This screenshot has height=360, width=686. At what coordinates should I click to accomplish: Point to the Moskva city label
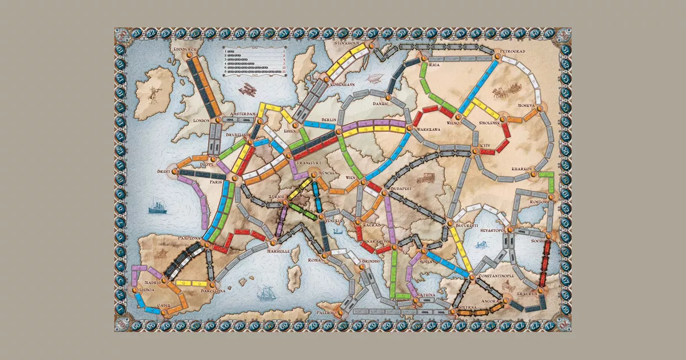[x=525, y=106]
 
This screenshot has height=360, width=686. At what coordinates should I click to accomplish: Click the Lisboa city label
[x=147, y=289]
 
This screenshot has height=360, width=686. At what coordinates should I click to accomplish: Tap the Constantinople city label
[x=496, y=275]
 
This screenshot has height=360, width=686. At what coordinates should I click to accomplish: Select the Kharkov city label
[x=523, y=169]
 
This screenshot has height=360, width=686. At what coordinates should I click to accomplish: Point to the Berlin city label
[x=328, y=119]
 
